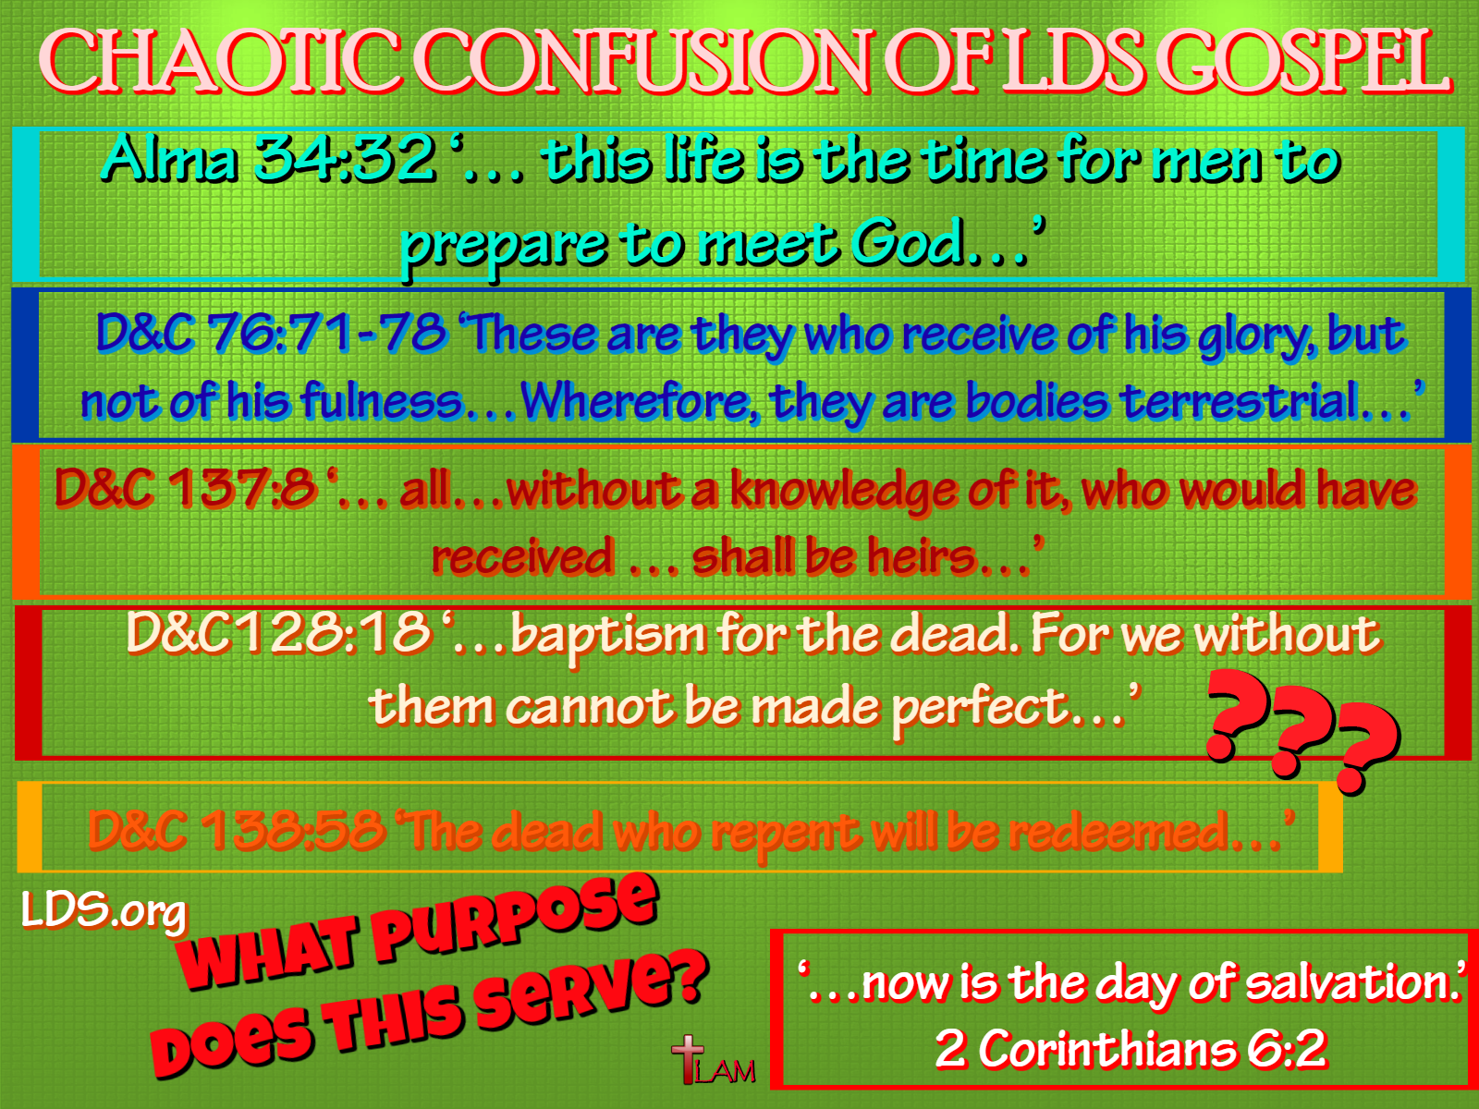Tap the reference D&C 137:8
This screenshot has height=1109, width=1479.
click(185, 488)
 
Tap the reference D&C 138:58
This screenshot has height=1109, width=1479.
click(237, 829)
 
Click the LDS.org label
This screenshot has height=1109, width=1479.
click(104, 910)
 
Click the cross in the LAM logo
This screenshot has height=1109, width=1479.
click(688, 1058)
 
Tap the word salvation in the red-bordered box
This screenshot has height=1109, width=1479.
click(1348, 983)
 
